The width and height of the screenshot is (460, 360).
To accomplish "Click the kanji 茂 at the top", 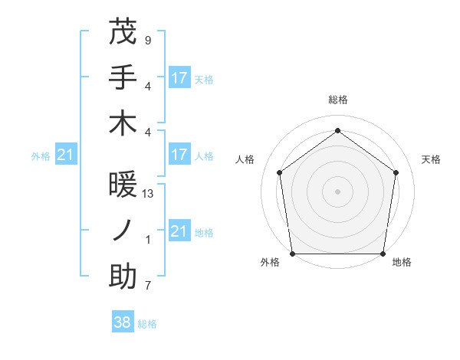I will coord(123,33).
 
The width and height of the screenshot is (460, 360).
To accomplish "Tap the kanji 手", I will coord(123,79).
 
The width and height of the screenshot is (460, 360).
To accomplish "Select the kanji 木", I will coord(123,123).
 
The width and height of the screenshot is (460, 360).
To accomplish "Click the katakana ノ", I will coord(123,232).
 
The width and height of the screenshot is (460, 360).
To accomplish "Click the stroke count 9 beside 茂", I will coord(147,40).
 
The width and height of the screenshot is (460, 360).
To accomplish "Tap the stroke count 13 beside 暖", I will coord(148,194).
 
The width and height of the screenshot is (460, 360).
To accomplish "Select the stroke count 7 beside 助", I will coord(147,286).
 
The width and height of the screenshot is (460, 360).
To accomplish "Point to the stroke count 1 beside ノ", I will coord(147,240).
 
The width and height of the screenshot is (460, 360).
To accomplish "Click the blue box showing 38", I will coord(123,322).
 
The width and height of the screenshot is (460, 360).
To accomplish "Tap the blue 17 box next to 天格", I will coord(179,77).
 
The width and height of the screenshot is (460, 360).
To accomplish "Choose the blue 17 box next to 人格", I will coord(179,155).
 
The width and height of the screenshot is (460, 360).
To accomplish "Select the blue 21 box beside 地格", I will coord(179,231).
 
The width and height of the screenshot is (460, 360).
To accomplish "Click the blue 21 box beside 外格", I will coord(66,155).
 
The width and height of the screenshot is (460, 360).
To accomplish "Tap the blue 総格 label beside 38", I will coord(147,324).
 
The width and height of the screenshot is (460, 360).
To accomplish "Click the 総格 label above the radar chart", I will coord(337,100).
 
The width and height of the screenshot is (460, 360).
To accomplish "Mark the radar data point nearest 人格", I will coord(279,172).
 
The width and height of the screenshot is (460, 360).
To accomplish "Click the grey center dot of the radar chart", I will coord(337,191).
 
